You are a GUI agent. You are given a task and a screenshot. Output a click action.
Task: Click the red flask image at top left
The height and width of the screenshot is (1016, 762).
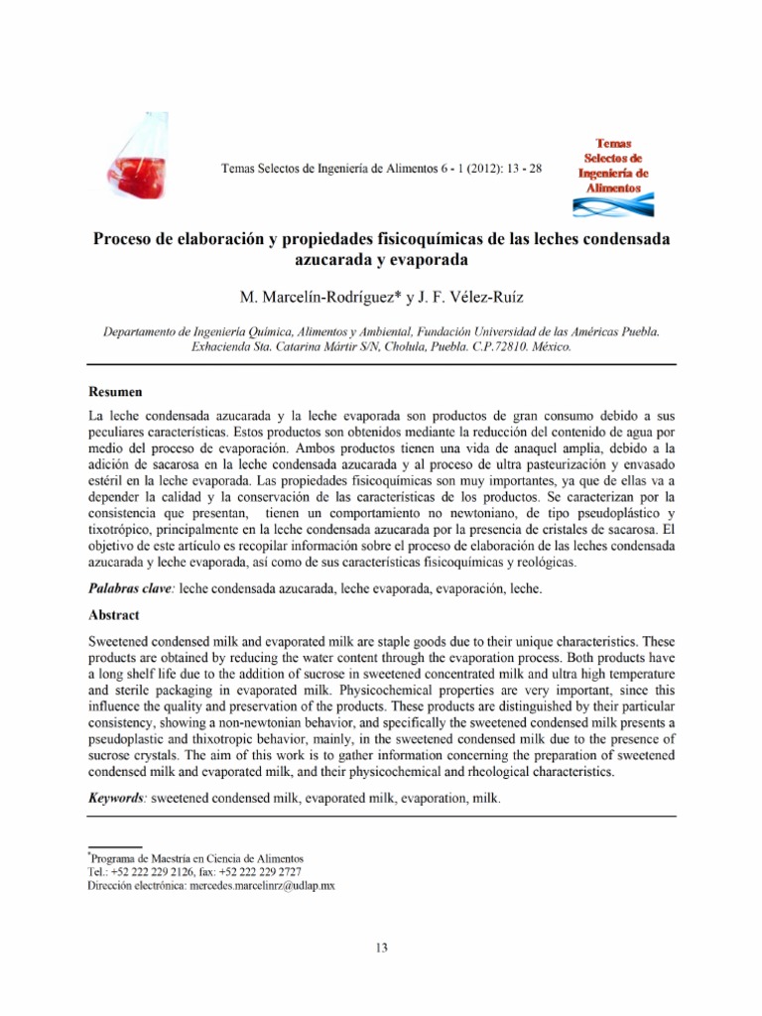coord(140,160)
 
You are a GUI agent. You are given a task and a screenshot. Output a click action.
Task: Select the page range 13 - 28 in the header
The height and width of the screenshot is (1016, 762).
coord(522,169)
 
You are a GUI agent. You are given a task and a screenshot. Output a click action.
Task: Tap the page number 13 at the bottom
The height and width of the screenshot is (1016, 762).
coord(381,948)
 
